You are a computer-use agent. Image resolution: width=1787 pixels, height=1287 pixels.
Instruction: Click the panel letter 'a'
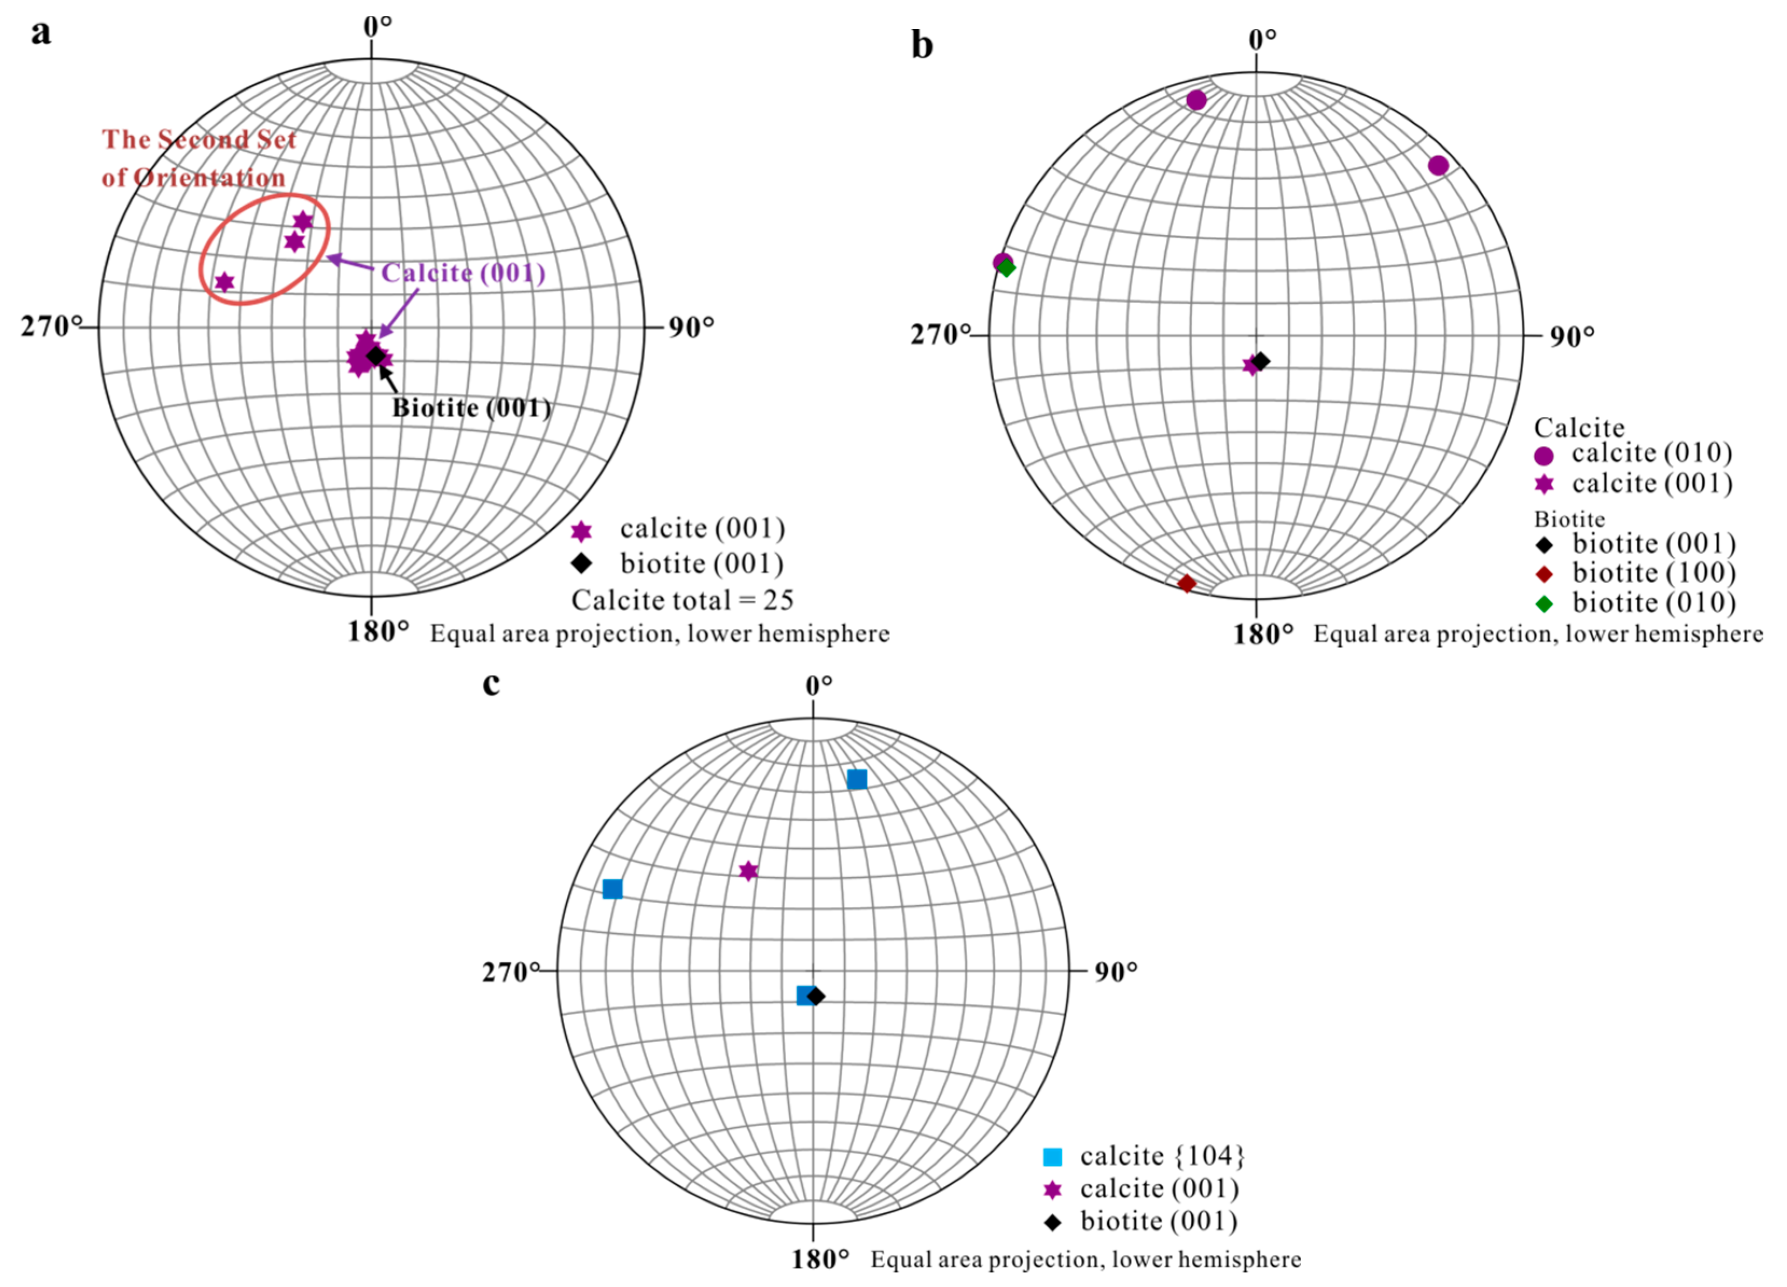tap(41, 33)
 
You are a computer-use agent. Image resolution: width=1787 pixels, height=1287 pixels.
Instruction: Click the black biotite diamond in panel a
tap(376, 356)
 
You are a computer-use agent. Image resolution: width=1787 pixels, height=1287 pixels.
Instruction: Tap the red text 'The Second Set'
tap(199, 139)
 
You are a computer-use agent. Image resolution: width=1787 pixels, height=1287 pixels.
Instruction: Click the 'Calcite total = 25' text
tap(683, 600)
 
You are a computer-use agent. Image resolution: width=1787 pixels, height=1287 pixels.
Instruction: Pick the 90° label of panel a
tap(691, 327)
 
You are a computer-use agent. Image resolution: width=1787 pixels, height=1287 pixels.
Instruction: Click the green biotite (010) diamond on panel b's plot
tap(1006, 268)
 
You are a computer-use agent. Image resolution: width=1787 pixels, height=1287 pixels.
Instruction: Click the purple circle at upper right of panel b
tap(1438, 165)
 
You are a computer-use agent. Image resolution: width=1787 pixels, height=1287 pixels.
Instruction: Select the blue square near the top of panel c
tap(857, 780)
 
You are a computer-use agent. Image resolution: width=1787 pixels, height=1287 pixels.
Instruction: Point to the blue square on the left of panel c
tap(612, 889)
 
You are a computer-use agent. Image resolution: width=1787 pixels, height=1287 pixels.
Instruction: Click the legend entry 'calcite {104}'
tap(1162, 1156)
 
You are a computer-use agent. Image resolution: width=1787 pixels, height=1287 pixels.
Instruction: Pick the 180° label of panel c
tap(820, 1258)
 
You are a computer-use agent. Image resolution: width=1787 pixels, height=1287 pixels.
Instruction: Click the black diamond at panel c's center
tap(816, 996)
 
